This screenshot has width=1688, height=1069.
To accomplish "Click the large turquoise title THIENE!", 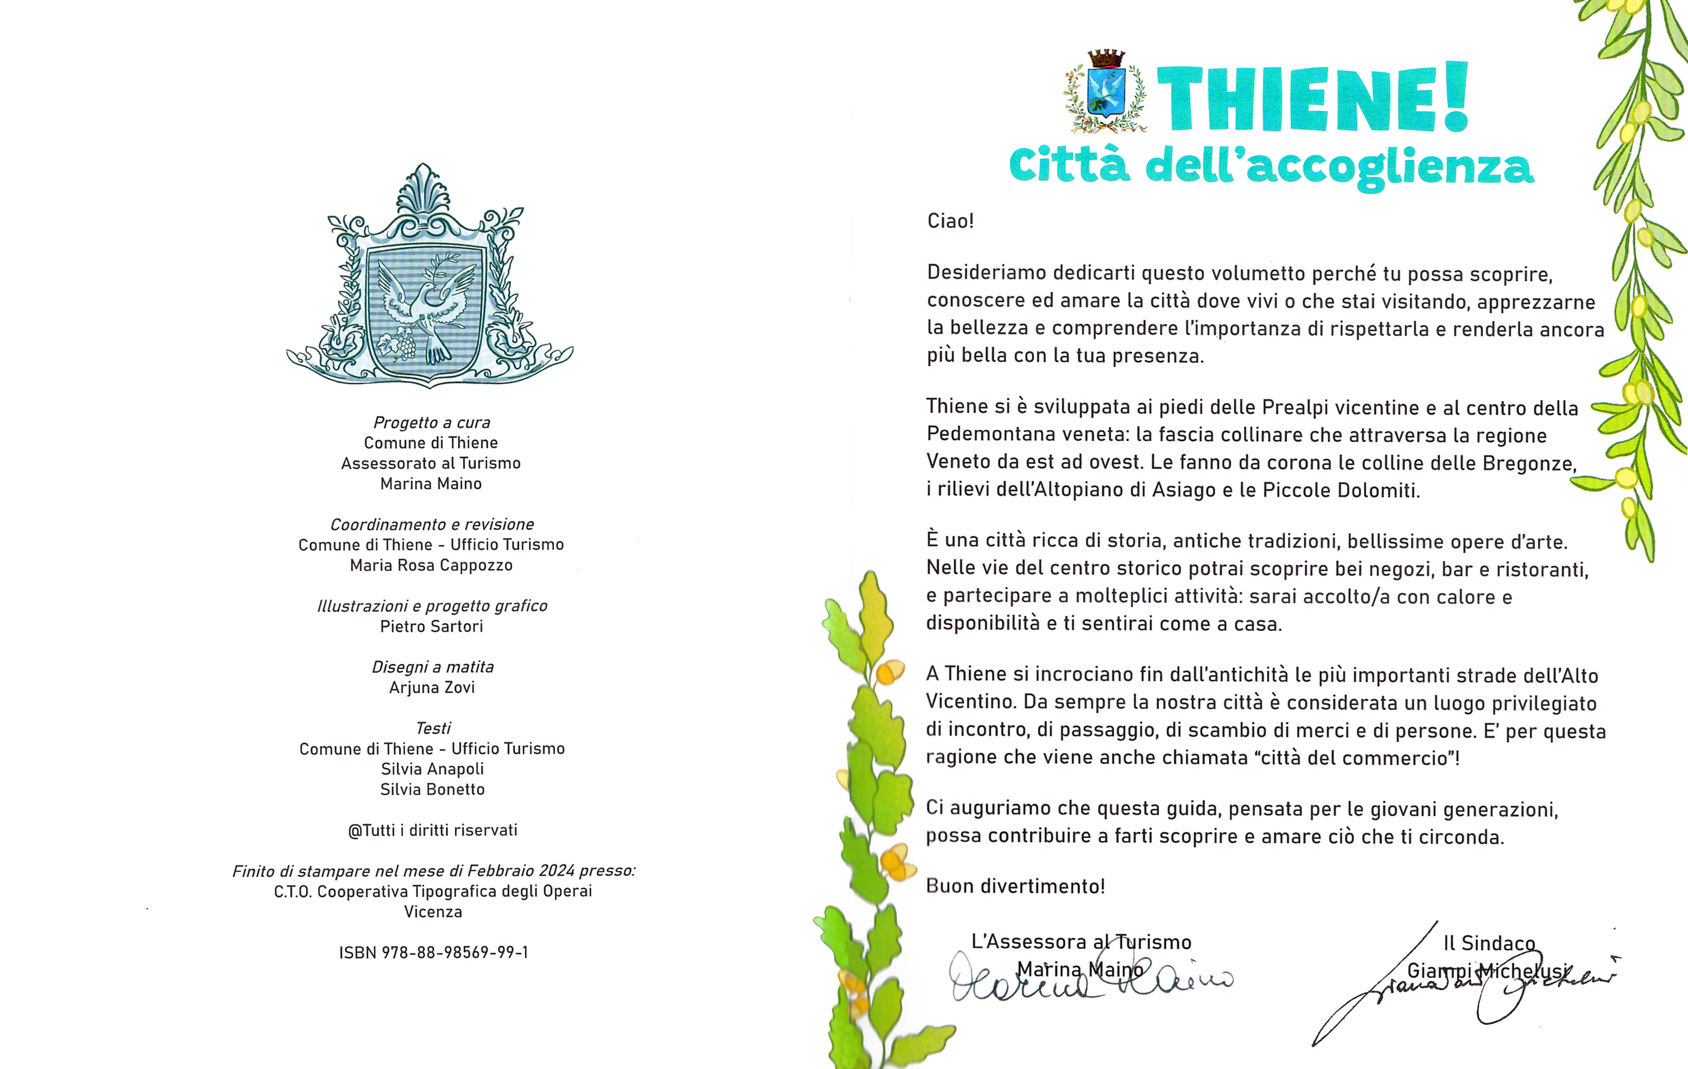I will coord(1311,98).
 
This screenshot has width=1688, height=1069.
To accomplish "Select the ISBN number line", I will coord(433,952).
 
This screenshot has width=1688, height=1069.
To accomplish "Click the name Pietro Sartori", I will coord(432,626).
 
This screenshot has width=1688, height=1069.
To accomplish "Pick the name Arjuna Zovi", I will coord(432,687).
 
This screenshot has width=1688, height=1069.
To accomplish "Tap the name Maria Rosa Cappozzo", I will coord(431,565).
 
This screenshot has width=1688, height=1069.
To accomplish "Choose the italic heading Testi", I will coord(433,728).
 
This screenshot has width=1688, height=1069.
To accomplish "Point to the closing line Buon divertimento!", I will coord(1015,886).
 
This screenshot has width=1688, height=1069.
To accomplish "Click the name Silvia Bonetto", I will coord(432,789).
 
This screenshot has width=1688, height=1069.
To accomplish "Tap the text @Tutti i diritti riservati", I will coord(433,830).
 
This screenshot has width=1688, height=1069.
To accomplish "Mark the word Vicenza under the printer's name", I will coord(433,912).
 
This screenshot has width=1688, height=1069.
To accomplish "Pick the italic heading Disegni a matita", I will coord(433,667).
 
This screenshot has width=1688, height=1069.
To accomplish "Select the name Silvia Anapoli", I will coord(432,769).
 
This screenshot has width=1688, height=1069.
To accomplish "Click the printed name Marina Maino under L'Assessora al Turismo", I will coord(1079,969).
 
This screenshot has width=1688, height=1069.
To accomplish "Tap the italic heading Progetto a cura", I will coord(431,422).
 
